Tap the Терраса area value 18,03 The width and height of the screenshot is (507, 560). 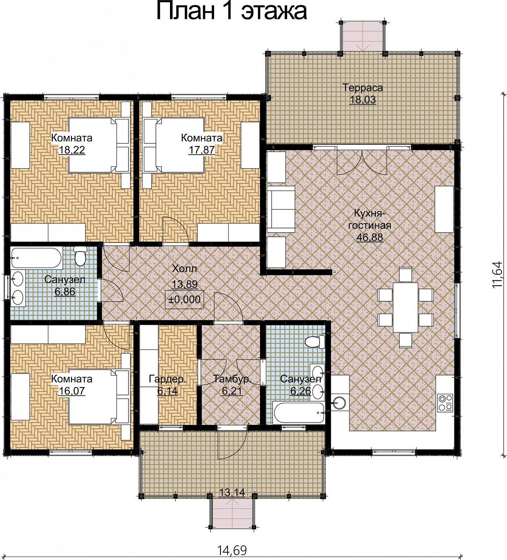point(362,100)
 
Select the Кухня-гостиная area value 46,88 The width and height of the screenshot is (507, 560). point(370,237)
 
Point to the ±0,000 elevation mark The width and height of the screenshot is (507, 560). point(185,299)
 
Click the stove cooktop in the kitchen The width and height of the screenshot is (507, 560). point(445,402)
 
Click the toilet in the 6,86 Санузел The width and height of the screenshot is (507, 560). point(80,256)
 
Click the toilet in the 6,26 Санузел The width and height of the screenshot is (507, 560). point(315,342)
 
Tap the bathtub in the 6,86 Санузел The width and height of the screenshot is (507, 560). point(36,258)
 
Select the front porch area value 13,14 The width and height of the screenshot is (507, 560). point(232,492)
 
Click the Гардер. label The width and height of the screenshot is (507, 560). point(167,379)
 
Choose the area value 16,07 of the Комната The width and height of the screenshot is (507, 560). point(72,391)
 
